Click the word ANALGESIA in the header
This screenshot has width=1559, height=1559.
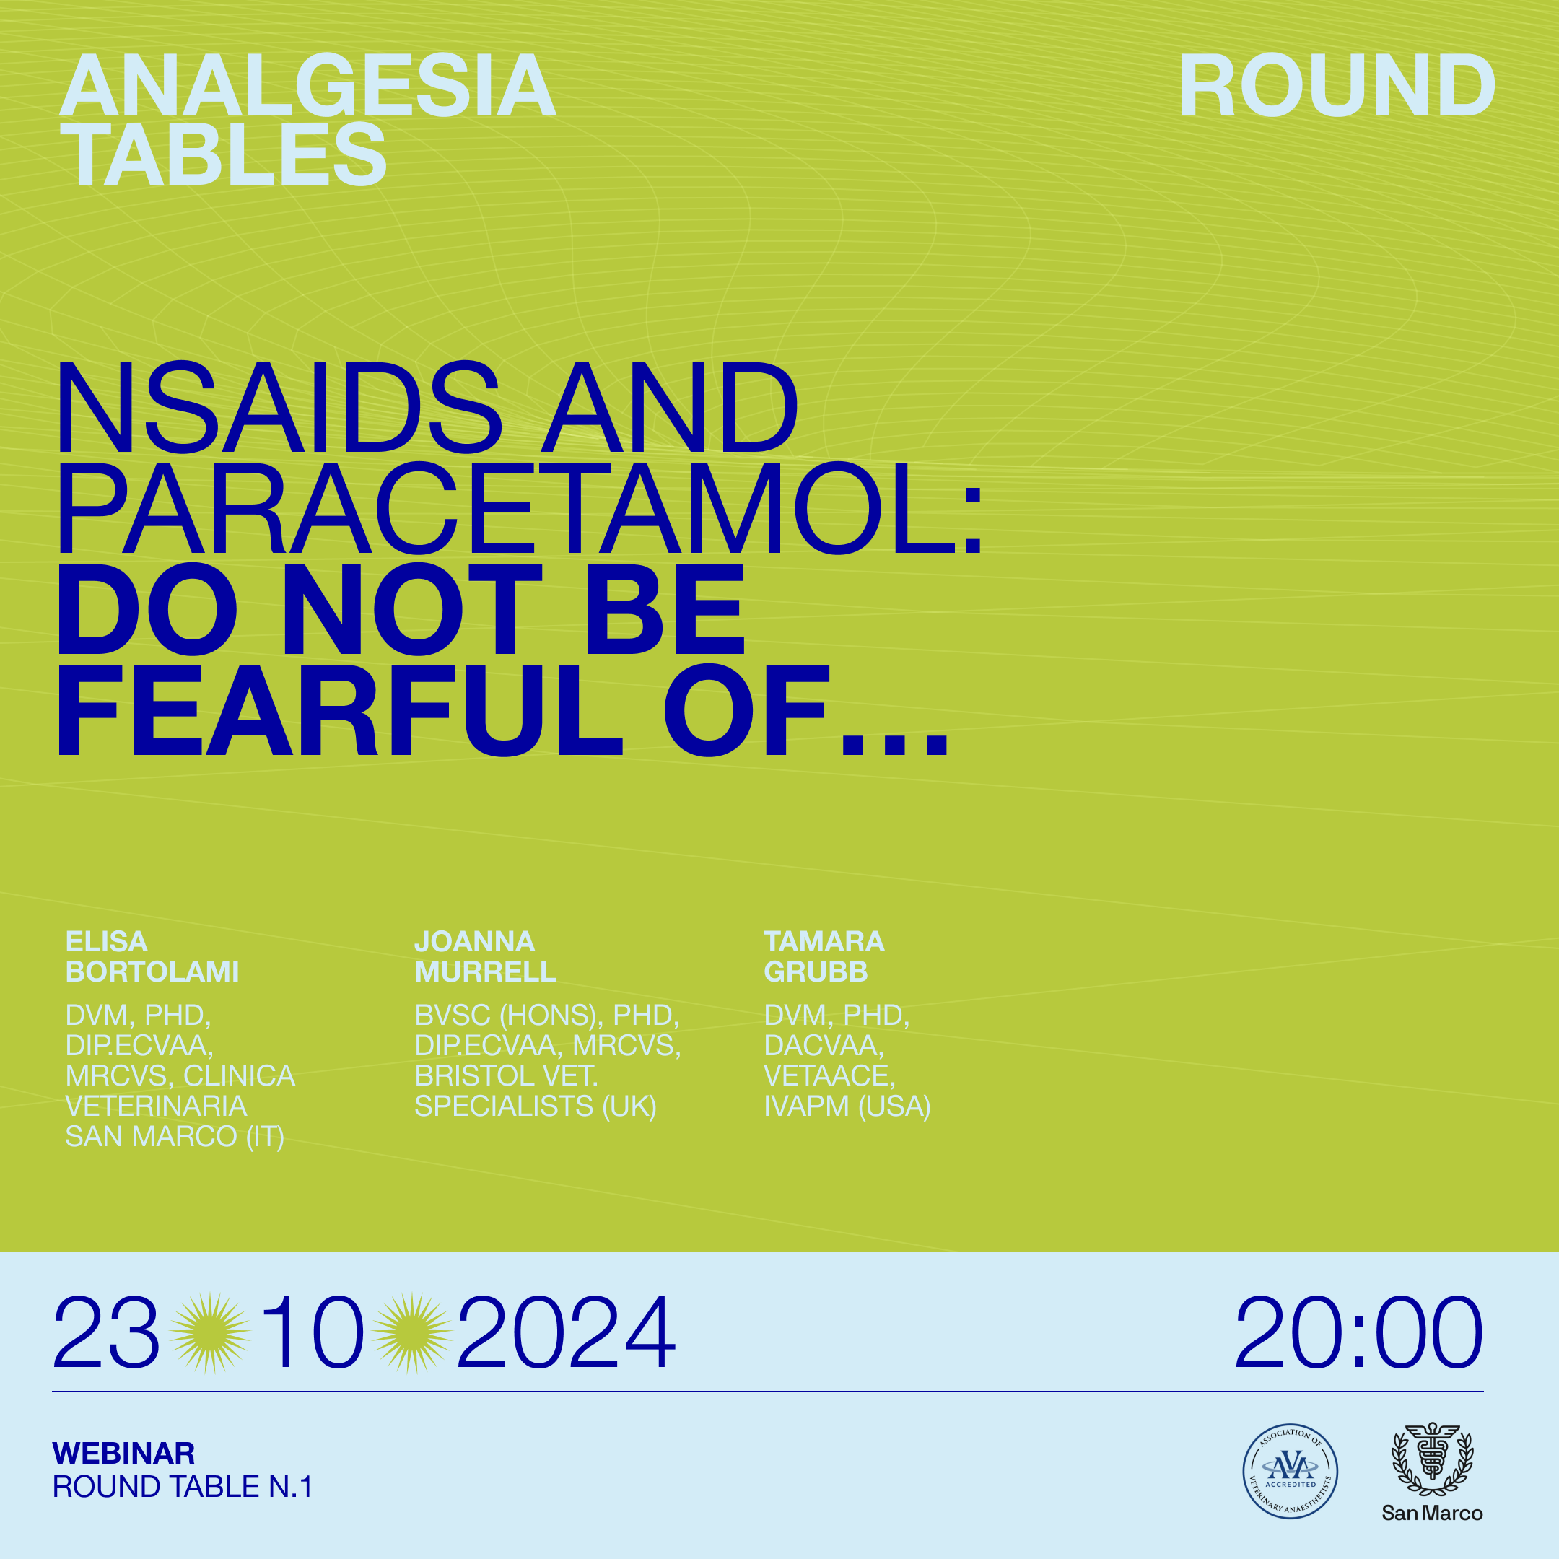tap(308, 86)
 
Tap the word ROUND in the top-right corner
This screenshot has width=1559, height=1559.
tap(1337, 86)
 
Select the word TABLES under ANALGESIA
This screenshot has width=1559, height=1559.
tap(225, 154)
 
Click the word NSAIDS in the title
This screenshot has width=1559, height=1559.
tap(279, 408)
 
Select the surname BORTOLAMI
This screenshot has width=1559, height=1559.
tap(152, 971)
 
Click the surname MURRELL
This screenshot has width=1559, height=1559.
tap(485, 971)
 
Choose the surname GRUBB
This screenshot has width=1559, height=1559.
tap(816, 971)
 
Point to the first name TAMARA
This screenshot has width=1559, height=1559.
tap(824, 942)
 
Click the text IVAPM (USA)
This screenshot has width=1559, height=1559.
tap(847, 1106)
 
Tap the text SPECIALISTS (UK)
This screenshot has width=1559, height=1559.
tap(536, 1106)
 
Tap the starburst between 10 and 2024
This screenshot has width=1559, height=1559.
tap(412, 1333)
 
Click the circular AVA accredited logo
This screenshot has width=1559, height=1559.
tap(1291, 1471)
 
